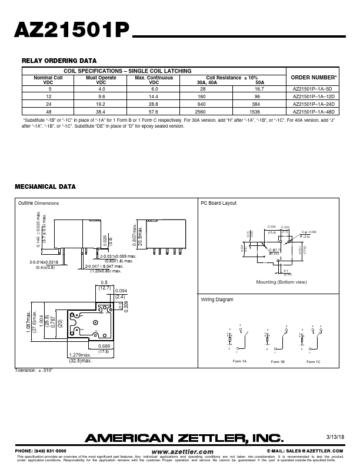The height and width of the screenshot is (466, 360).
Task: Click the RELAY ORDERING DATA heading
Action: [59, 61]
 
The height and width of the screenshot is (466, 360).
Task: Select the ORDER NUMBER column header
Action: [315, 78]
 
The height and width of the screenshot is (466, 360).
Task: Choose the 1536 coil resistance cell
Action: [261, 110]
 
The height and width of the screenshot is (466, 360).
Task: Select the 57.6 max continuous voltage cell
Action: [154, 110]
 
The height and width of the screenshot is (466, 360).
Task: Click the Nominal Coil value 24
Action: [41, 103]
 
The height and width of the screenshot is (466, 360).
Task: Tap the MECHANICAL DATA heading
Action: [45, 187]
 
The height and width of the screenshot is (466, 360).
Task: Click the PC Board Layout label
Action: [219, 203]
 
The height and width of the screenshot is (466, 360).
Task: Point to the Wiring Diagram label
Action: [217, 299]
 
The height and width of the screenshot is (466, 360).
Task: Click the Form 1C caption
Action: [314, 362]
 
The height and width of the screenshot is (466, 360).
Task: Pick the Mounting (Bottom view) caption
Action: [282, 282]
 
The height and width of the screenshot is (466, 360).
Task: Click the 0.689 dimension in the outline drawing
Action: [121, 345]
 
